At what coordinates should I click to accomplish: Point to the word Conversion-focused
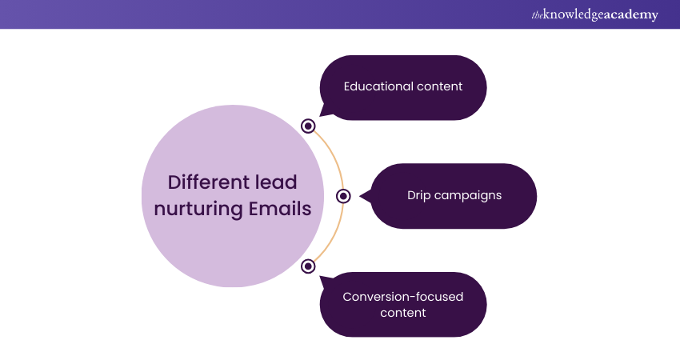pyautogui.click(x=403, y=297)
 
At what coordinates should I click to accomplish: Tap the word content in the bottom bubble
pyautogui.click(x=403, y=313)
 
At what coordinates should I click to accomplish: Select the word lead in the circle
pyautogui.click(x=276, y=182)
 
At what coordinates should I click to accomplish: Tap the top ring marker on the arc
pyautogui.click(x=308, y=126)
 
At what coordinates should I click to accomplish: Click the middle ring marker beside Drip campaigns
pyautogui.click(x=343, y=196)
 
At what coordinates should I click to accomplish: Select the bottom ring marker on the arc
pyautogui.click(x=308, y=266)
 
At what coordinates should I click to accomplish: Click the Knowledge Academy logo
pyautogui.click(x=594, y=14)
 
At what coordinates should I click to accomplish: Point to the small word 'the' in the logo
pyautogui.click(x=537, y=16)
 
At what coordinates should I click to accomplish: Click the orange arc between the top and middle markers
pyautogui.click(x=333, y=157)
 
